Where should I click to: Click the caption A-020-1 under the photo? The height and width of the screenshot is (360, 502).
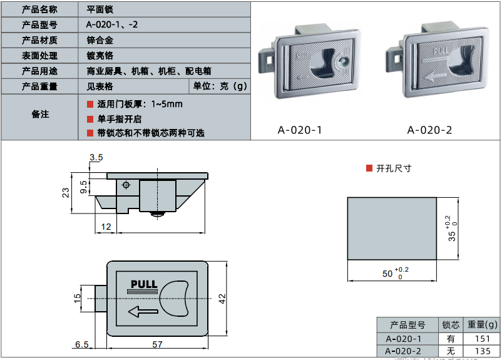pyautogui.click(x=300, y=130)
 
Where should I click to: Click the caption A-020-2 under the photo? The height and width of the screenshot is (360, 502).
pyautogui.click(x=429, y=130)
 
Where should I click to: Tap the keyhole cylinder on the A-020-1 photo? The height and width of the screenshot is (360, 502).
pyautogui.click(x=344, y=62)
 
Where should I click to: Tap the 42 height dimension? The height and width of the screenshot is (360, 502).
pyautogui.click(x=222, y=299)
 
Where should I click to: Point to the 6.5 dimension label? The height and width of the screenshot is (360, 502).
pyautogui.click(x=81, y=344)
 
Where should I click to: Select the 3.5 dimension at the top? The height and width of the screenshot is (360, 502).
pyautogui.click(x=96, y=157)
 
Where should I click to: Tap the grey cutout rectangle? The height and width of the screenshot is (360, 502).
pyautogui.click(x=391, y=229)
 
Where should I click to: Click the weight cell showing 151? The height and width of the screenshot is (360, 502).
pyautogui.click(x=483, y=339)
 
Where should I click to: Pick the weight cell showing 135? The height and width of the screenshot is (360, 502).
pyautogui.click(x=483, y=351)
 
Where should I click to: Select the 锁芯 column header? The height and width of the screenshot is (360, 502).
pyautogui.click(x=451, y=325)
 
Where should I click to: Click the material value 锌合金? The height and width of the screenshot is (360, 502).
pyautogui.click(x=100, y=40)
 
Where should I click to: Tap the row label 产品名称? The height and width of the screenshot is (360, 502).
pyautogui.click(x=39, y=9)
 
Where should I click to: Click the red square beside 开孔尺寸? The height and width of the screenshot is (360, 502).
pyautogui.click(x=369, y=168)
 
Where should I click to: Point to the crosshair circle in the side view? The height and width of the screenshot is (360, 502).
pyautogui.click(x=126, y=185)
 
